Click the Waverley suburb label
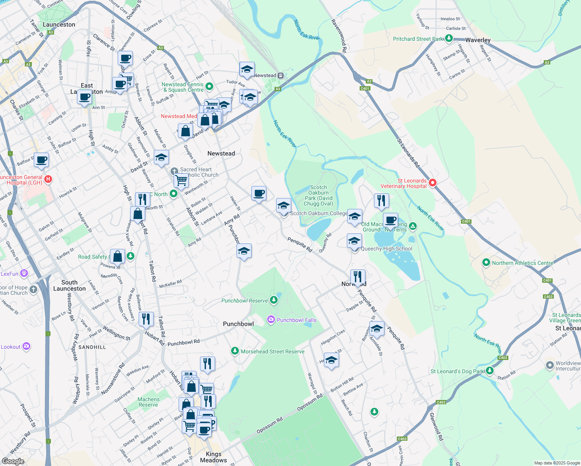click(x=478, y=40)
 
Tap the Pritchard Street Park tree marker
click(x=449, y=38)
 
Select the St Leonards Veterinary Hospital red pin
click(x=432, y=183)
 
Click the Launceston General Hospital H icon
click(x=48, y=179)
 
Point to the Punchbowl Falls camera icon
click(x=271, y=320)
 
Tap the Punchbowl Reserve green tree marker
click(x=274, y=300)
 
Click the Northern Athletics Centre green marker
click(x=486, y=263)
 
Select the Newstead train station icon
click(x=281, y=75)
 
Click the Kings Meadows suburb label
click(x=213, y=457)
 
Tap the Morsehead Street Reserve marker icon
click(x=235, y=351)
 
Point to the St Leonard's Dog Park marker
click(x=490, y=370)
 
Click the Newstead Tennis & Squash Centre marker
click(x=209, y=86)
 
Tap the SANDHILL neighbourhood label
click(x=92, y=347)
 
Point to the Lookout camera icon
click(x=26, y=346)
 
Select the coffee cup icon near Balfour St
click(x=41, y=160)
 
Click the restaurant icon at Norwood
click(x=358, y=276)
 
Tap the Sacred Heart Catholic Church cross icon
click(x=174, y=171)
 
